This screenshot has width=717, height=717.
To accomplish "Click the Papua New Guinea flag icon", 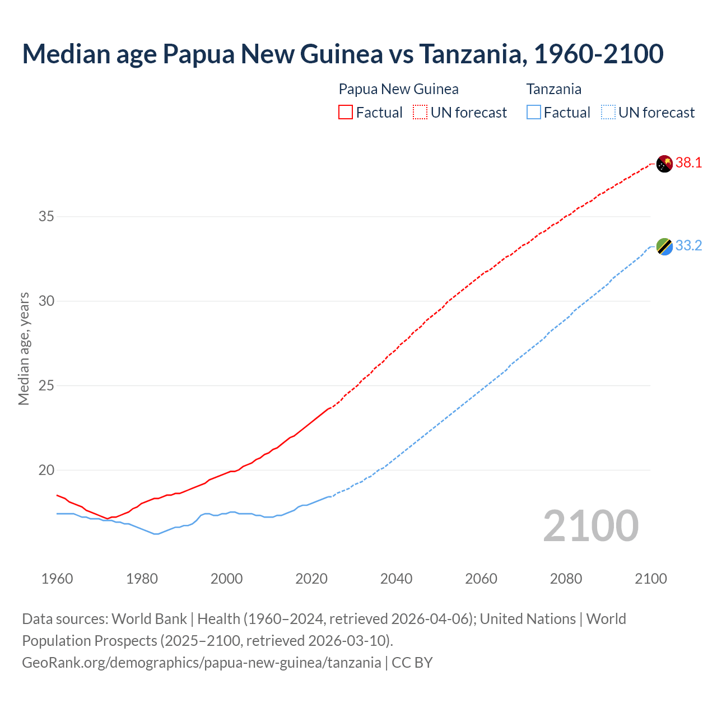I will coord(664,164).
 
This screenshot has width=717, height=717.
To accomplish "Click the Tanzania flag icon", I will coord(664,246).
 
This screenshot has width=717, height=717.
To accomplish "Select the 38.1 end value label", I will coord(688,163).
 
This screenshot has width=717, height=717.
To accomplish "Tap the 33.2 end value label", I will coord(688,246).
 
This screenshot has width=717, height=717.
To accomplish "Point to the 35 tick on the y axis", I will coord(46,216).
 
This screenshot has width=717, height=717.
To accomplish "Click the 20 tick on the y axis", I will coord(46,470).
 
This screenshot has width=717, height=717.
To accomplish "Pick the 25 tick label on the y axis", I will coord(46,385).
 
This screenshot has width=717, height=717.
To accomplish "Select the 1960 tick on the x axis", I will coord(57,579).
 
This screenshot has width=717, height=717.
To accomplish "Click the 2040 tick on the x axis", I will coord(396,579).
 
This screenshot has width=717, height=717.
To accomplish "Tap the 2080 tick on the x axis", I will coord(566,579).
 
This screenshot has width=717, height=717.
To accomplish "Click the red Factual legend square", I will coord(346,113).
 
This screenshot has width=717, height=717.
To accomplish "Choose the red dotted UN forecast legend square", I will coord(420,113).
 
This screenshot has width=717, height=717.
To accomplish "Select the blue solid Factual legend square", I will coord(534,113).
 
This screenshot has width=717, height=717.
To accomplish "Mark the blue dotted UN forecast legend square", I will coord(608,113).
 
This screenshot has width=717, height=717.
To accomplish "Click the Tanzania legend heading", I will coord(553,89).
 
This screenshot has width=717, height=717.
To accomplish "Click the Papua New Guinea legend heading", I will coord(398,89).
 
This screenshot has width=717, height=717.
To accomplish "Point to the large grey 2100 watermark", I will coord(590,526).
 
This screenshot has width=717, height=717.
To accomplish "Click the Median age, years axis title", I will coord(24,348).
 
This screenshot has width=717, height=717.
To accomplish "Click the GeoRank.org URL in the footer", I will coord(201,663).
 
